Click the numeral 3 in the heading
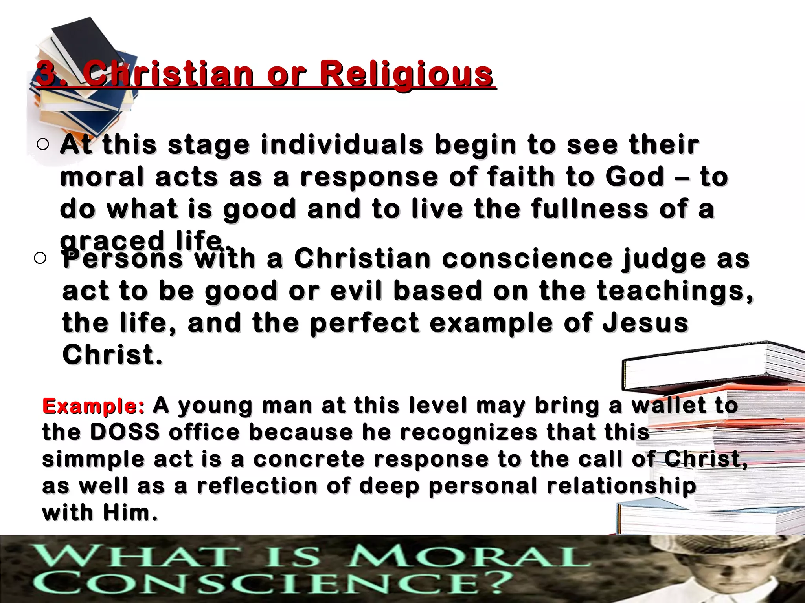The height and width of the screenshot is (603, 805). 46,74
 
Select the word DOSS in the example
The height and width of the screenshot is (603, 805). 125,432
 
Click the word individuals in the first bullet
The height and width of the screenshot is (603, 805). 342,144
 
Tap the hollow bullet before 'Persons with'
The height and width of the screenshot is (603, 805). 40,258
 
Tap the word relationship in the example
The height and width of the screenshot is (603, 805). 621,486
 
